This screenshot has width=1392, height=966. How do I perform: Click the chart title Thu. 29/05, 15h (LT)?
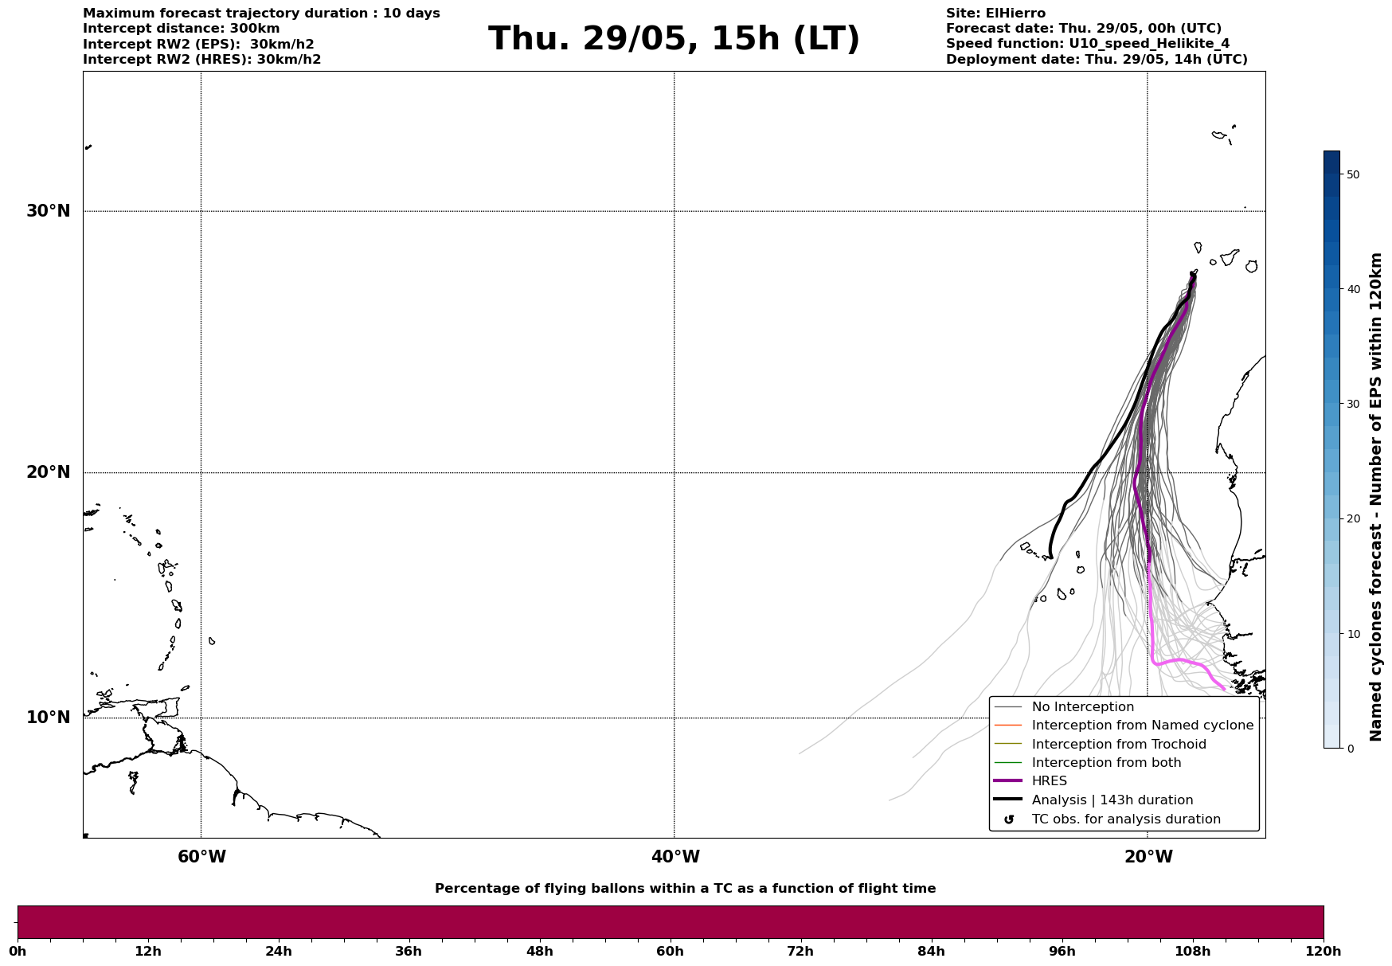tap(674, 39)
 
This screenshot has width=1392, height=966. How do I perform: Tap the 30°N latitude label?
tap(49, 211)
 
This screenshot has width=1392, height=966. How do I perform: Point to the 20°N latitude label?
tap(49, 472)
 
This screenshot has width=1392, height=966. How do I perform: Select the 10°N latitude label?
tap(49, 718)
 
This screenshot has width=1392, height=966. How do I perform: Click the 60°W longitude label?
tap(201, 857)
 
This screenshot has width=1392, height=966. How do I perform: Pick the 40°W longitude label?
tap(675, 857)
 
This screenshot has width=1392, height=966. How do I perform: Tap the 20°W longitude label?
tap(1148, 857)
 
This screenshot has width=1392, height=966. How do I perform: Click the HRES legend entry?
tap(1049, 781)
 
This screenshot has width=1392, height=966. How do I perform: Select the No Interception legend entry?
tap(1082, 707)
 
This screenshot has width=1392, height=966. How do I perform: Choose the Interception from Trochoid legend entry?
tap(1118, 745)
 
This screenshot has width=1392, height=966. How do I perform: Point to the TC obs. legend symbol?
tap(1009, 819)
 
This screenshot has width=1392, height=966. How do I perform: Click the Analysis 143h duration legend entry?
tap(1112, 800)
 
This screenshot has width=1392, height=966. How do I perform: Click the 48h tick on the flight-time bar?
tap(539, 951)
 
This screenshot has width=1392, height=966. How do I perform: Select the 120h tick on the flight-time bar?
tap(1324, 951)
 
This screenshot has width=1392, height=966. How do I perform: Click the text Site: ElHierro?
tap(995, 14)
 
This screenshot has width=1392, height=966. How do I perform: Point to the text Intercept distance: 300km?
tap(182, 29)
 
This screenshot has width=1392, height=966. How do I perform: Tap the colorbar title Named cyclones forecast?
tap(1376, 497)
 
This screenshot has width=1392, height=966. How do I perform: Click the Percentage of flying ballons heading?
tap(685, 889)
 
